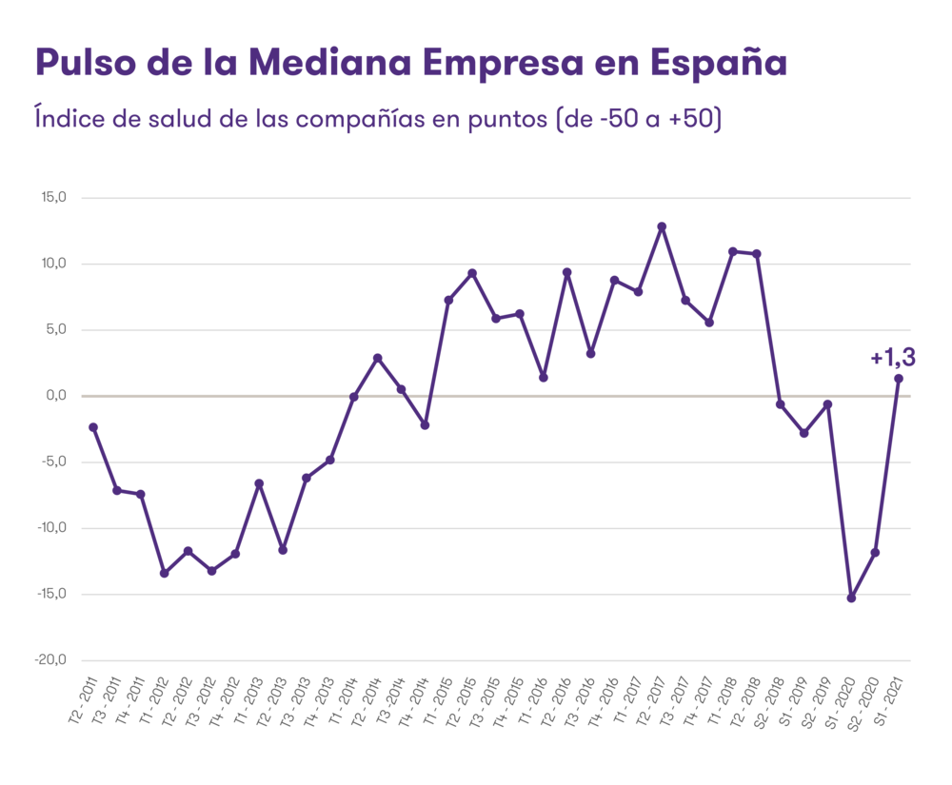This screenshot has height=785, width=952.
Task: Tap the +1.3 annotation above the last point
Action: point(892,358)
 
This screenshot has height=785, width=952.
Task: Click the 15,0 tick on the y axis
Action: point(52,198)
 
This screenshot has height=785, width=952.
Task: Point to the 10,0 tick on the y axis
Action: point(52,264)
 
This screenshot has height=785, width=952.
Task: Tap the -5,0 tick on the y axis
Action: point(52,462)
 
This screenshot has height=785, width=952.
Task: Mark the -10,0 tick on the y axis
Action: point(52,528)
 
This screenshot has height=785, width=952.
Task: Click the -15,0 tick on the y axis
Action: point(52,594)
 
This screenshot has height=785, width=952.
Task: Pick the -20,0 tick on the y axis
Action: point(52,660)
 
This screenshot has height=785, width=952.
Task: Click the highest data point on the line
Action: point(662,226)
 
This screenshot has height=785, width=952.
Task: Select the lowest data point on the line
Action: point(851,599)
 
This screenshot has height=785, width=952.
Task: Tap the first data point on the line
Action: point(92,427)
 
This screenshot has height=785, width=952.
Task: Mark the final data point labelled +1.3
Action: point(898,378)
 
